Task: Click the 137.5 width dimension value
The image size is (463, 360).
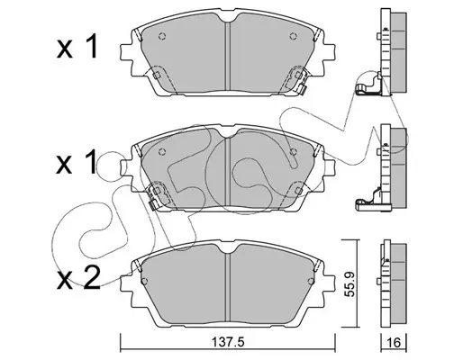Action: coord(228,342)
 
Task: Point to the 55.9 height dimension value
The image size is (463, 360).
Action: coord(350,283)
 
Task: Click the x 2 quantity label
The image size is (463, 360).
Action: coord(78,278)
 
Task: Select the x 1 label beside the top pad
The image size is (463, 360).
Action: coord(77,46)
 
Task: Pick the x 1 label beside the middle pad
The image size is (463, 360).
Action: coord(77,162)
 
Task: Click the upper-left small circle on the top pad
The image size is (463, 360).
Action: coord(162,36)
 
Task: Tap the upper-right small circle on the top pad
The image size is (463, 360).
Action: coord(294,36)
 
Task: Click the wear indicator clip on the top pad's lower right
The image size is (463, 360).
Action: coord(302,88)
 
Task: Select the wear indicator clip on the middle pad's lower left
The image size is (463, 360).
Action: coord(152,204)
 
